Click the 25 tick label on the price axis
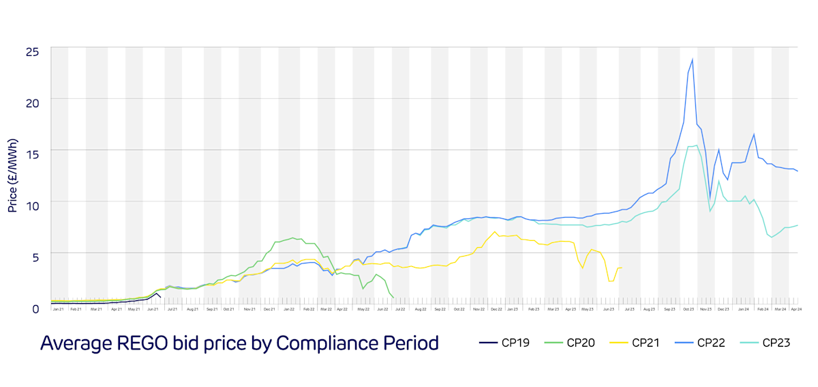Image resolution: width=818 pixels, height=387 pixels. coord(33,51)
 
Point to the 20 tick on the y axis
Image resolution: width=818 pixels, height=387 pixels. coord(33,102)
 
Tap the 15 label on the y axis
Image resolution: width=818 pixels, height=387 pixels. coord(33,154)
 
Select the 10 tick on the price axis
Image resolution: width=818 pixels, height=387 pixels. coord(33,205)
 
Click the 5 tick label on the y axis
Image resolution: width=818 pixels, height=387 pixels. coord(35,257)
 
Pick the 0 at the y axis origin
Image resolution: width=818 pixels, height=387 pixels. coord(35,309)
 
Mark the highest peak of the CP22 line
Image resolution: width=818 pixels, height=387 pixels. coord(693,59)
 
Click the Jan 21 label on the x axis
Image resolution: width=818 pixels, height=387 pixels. coord(57,309)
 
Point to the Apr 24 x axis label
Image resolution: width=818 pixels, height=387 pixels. coord(796,309)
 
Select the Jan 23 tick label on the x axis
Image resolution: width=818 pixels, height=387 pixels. coord(511,309)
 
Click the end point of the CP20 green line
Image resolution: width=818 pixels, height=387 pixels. coord(394,298)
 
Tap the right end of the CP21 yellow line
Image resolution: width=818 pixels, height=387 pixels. coord(621,268)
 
